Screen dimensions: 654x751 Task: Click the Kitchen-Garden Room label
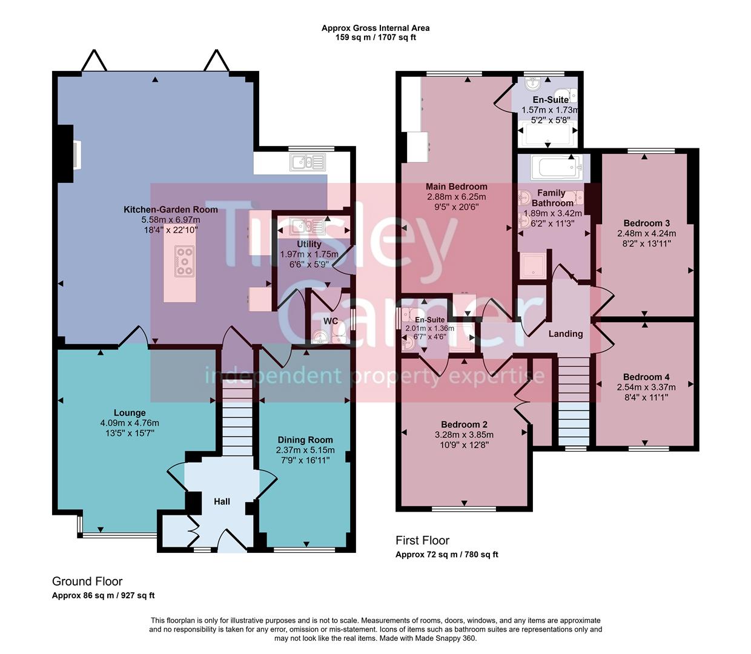pyautogui.click(x=170, y=210)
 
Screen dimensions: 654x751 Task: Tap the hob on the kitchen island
pyautogui.click(x=184, y=261)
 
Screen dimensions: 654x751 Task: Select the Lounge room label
pyautogui.click(x=130, y=413)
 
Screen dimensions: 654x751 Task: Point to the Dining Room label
pyautogui.click(x=305, y=440)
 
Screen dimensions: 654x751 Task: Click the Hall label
pyautogui.click(x=222, y=501)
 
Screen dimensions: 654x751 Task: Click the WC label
pyautogui.click(x=331, y=321)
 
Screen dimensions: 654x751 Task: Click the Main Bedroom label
pyautogui.click(x=456, y=187)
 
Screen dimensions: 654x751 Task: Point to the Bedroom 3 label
pyautogui.click(x=646, y=223)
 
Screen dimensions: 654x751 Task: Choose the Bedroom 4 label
pyautogui.click(x=646, y=377)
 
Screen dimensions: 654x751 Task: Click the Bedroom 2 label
pyautogui.click(x=464, y=424)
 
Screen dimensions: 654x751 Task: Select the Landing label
pyautogui.click(x=566, y=334)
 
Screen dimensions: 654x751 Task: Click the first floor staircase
pyautogui.click(x=573, y=401)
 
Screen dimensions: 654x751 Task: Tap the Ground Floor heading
pyautogui.click(x=87, y=581)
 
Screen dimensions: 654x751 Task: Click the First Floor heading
pyautogui.click(x=422, y=540)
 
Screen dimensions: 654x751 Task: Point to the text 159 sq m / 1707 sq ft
pyautogui.click(x=375, y=38)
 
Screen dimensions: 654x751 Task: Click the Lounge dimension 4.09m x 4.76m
pyautogui.click(x=130, y=423)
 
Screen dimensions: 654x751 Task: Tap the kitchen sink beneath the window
pyautogui.click(x=308, y=162)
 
